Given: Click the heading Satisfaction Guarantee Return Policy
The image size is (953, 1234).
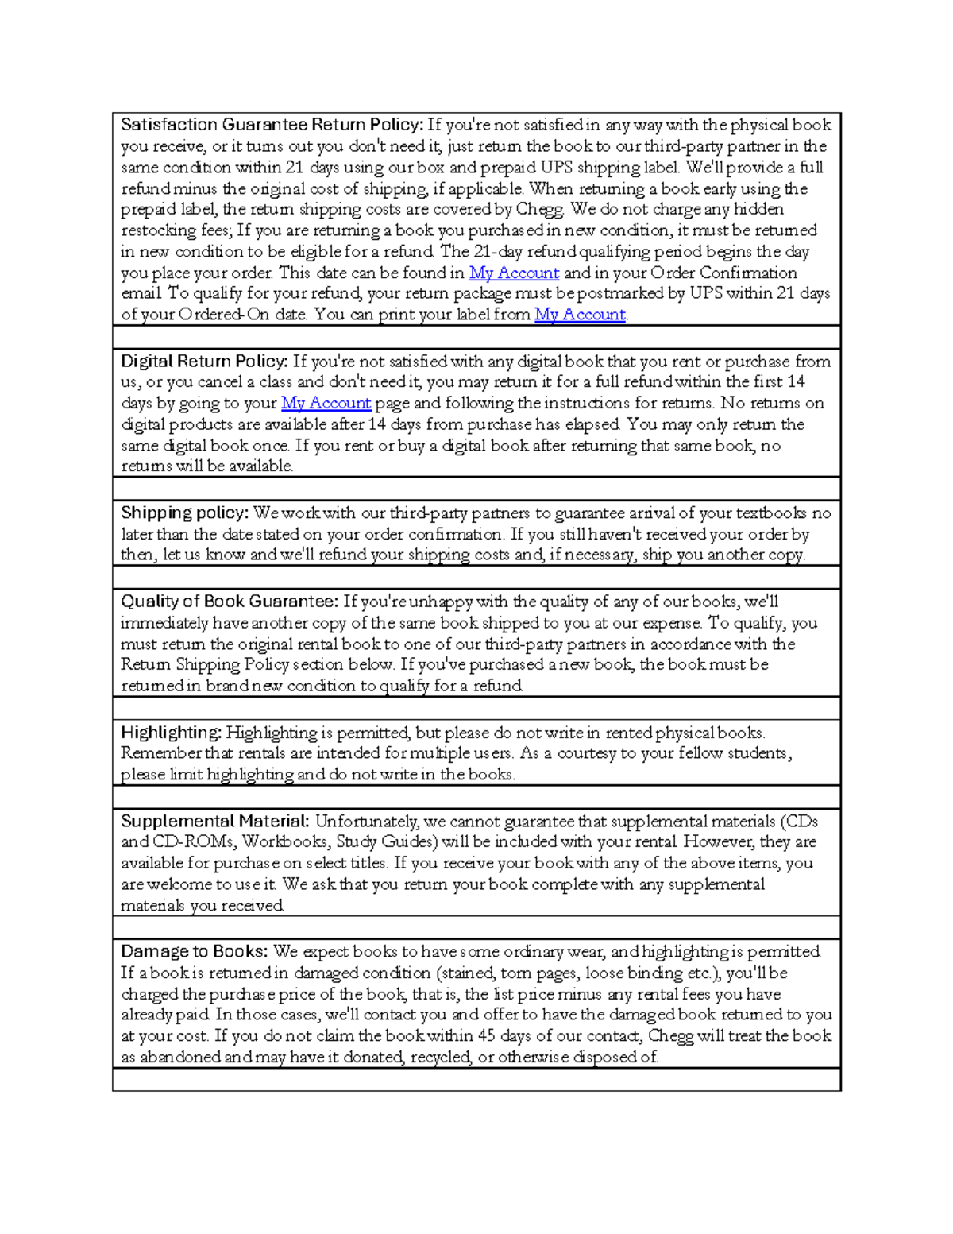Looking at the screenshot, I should click(272, 125).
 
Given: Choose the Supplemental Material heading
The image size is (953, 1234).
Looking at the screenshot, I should click(215, 821).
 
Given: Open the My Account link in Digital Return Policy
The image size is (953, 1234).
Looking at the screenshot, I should click(326, 403).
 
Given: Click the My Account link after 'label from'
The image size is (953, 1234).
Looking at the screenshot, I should click(580, 315).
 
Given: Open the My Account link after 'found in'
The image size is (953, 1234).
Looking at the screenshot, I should click(515, 273).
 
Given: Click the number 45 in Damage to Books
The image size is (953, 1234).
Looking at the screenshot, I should click(486, 1036).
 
